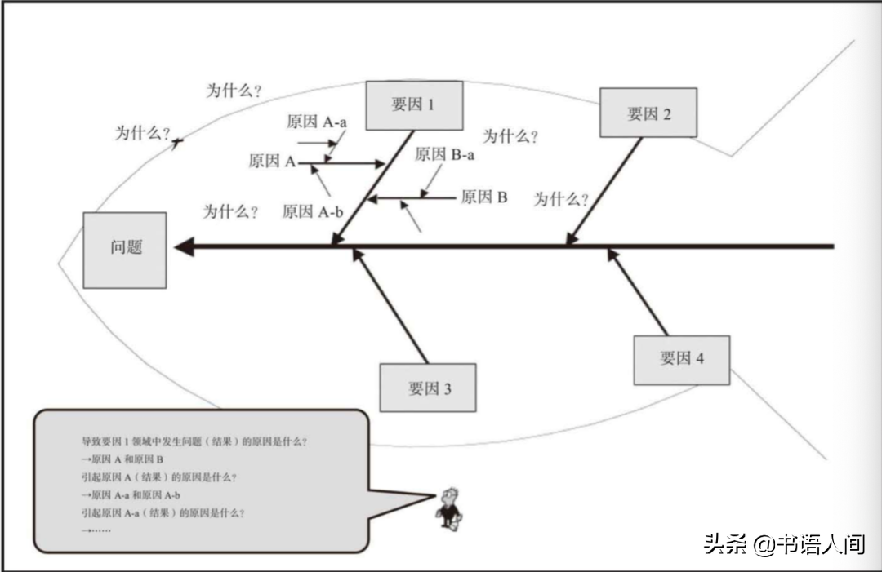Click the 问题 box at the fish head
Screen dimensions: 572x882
click(125, 250)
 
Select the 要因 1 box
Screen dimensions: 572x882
click(414, 105)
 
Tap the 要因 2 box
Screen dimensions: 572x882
click(648, 113)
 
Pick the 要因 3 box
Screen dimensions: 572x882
click(428, 388)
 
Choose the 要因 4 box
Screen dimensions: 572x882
click(682, 359)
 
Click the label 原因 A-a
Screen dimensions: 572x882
click(317, 122)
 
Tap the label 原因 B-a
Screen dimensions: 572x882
click(444, 154)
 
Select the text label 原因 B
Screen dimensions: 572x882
click(484, 197)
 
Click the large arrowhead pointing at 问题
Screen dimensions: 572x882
click(184, 246)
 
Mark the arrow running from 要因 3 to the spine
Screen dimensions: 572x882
click(390, 305)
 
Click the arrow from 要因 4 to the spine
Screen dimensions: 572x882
click(637, 291)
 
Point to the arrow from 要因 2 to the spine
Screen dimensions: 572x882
click(605, 191)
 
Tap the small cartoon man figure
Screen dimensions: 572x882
click(448, 507)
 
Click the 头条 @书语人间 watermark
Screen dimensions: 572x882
click(784, 544)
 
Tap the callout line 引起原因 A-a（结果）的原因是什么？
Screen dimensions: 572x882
click(163, 513)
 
